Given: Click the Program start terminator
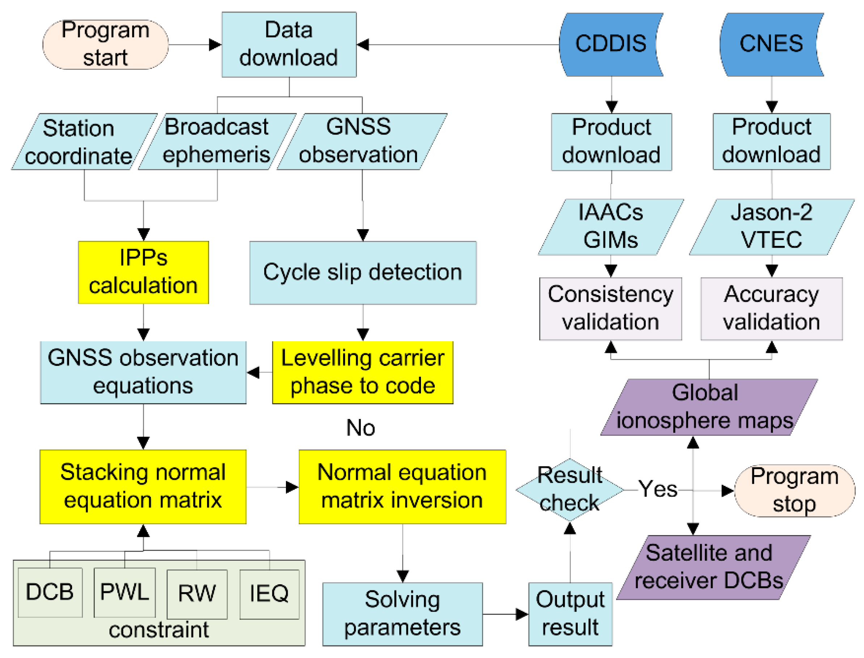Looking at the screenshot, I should coord(105,44).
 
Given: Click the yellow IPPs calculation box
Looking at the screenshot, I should coord(143,272).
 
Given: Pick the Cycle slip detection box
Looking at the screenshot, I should coord(363,273).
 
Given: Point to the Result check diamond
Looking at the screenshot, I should coord(569,490).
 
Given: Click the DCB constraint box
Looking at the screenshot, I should coord(50,592).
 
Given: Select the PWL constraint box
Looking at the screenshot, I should coord(124,592).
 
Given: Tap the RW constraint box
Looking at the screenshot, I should coord(197,594).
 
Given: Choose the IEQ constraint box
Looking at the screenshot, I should coord(269,594).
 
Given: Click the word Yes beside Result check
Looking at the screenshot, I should coord(657,489).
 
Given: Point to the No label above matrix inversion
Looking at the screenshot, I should coord(360,428).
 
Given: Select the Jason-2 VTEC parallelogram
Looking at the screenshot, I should coord(771,227).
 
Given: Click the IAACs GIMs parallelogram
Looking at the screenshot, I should coord(610,227).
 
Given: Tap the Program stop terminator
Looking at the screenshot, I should coord(794,490).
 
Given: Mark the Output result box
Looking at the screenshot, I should coord(570,614).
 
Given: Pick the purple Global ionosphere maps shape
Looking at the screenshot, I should coord(708,407).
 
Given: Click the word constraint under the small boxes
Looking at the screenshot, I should coord(159,630).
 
